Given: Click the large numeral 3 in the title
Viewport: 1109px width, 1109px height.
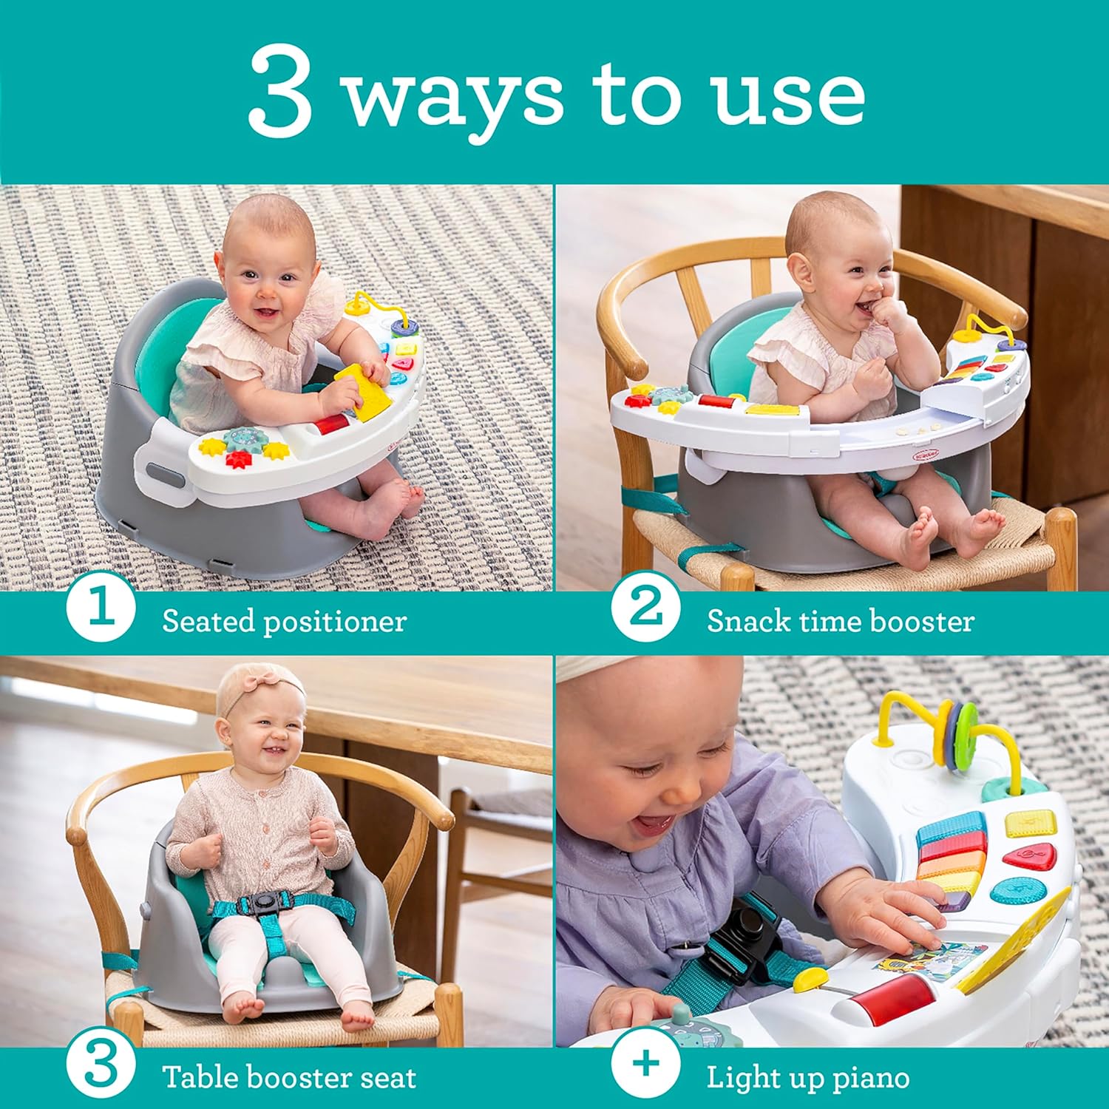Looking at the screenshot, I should click(x=280, y=92).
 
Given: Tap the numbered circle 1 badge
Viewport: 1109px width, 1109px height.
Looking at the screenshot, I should click(x=101, y=611).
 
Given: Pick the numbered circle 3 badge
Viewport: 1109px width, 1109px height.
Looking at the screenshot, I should click(x=101, y=1067).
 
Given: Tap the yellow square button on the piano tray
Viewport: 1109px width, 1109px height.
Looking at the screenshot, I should click(x=1031, y=822).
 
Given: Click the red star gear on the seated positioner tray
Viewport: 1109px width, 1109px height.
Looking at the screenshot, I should click(x=238, y=459).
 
